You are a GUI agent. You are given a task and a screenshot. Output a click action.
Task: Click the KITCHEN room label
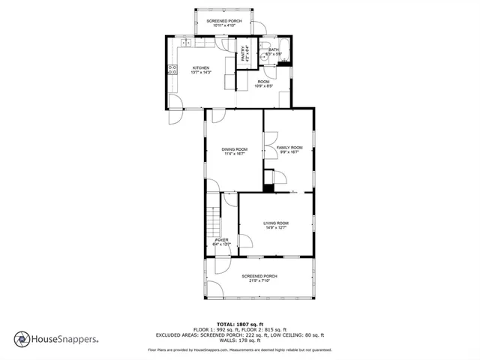pyautogui.click(x=200, y=67)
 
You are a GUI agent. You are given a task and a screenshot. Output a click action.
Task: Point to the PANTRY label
pyautogui.click(x=244, y=54)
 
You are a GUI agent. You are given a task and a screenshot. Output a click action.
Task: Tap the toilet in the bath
pyautogui.click(x=263, y=55)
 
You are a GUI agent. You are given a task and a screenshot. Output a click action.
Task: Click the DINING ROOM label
pyautogui.click(x=234, y=149)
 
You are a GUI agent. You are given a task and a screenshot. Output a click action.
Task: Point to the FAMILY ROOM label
pyautogui.click(x=289, y=148)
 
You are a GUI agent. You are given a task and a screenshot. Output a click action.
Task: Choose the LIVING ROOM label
pyautogui.click(x=275, y=223)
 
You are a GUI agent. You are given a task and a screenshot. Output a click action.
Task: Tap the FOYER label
pyautogui.click(x=221, y=240)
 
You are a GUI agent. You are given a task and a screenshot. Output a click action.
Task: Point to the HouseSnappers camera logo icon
pyautogui.click(x=22, y=339)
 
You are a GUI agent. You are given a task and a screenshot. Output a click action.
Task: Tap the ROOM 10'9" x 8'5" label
pyautogui.click(x=263, y=83)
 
